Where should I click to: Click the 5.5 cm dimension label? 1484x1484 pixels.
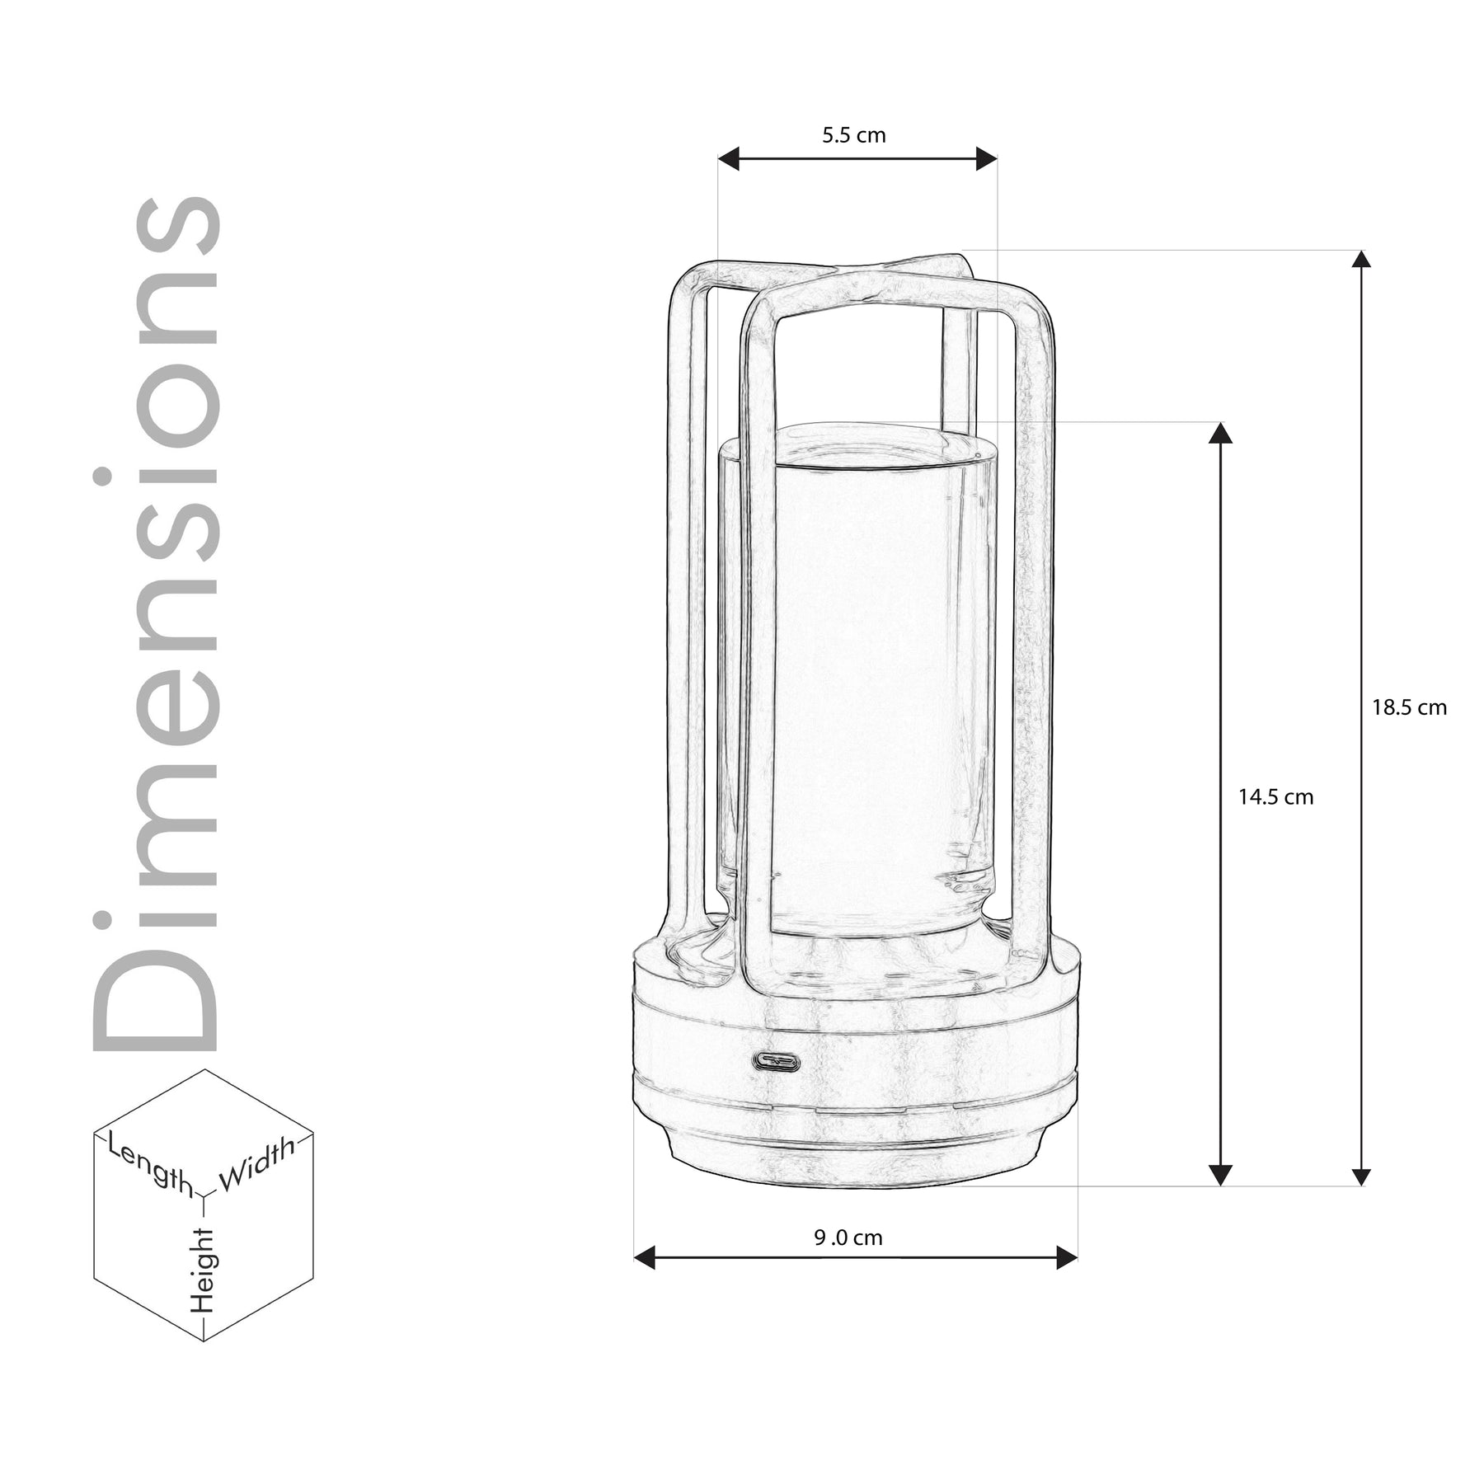853,135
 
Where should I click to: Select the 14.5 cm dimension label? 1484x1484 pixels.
1275,797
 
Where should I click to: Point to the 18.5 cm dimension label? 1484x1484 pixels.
1410,707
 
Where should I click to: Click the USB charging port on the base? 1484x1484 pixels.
776,1061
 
